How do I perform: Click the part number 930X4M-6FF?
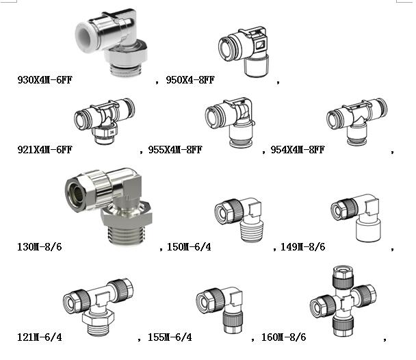click(44, 80)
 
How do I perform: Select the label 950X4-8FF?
click(190, 80)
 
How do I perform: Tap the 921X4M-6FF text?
click(44, 150)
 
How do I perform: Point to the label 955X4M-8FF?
click(175, 150)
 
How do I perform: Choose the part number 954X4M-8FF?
click(298, 150)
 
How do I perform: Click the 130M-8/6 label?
click(40, 247)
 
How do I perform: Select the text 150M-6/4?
click(189, 247)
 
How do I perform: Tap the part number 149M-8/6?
click(302, 247)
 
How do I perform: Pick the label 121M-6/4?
click(40, 337)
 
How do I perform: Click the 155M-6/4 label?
click(170, 337)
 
